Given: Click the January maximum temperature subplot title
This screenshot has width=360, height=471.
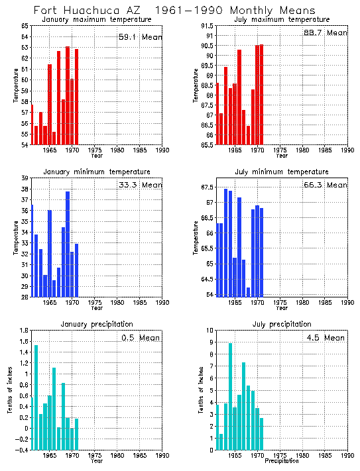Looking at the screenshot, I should coord(97,19).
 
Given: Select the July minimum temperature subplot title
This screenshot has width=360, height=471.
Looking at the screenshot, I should coord(282,172).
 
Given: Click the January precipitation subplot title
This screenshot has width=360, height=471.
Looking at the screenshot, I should coord(97,324).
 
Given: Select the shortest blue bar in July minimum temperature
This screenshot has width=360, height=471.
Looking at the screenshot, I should coord(248,291).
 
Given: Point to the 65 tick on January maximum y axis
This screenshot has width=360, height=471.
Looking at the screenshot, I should coord(25,25).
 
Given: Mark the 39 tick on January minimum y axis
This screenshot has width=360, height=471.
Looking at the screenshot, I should coord(25,178).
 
